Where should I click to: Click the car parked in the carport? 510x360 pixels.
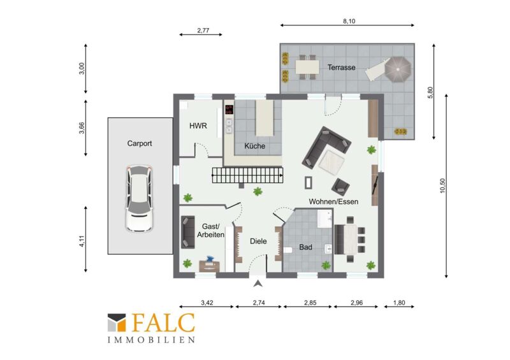[140, 198]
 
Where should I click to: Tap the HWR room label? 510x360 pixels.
[198, 126]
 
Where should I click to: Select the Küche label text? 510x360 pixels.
[254, 146]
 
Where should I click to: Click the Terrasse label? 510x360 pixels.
[341, 68]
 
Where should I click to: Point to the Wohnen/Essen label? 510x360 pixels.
[333, 201]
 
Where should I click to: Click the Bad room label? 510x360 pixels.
[305, 247]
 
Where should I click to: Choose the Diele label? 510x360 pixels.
[258, 241]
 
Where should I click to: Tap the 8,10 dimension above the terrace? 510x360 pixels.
[349, 21]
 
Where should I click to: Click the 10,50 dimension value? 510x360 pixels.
[442, 185]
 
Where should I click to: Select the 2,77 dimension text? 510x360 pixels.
[203, 31]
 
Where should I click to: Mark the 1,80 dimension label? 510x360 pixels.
[399, 303]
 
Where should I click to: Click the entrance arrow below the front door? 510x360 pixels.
[258, 284]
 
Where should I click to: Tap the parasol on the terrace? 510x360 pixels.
[398, 69]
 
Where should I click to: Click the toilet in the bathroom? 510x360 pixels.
[288, 250]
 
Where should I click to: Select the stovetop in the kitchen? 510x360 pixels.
[229, 109]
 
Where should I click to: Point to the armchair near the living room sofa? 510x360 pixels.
[340, 187]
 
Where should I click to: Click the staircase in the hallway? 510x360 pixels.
[248, 175]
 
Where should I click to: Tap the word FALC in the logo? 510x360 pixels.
[163, 323]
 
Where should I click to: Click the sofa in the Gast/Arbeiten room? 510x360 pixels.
[187, 232]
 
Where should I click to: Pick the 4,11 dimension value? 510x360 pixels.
[82, 241]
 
